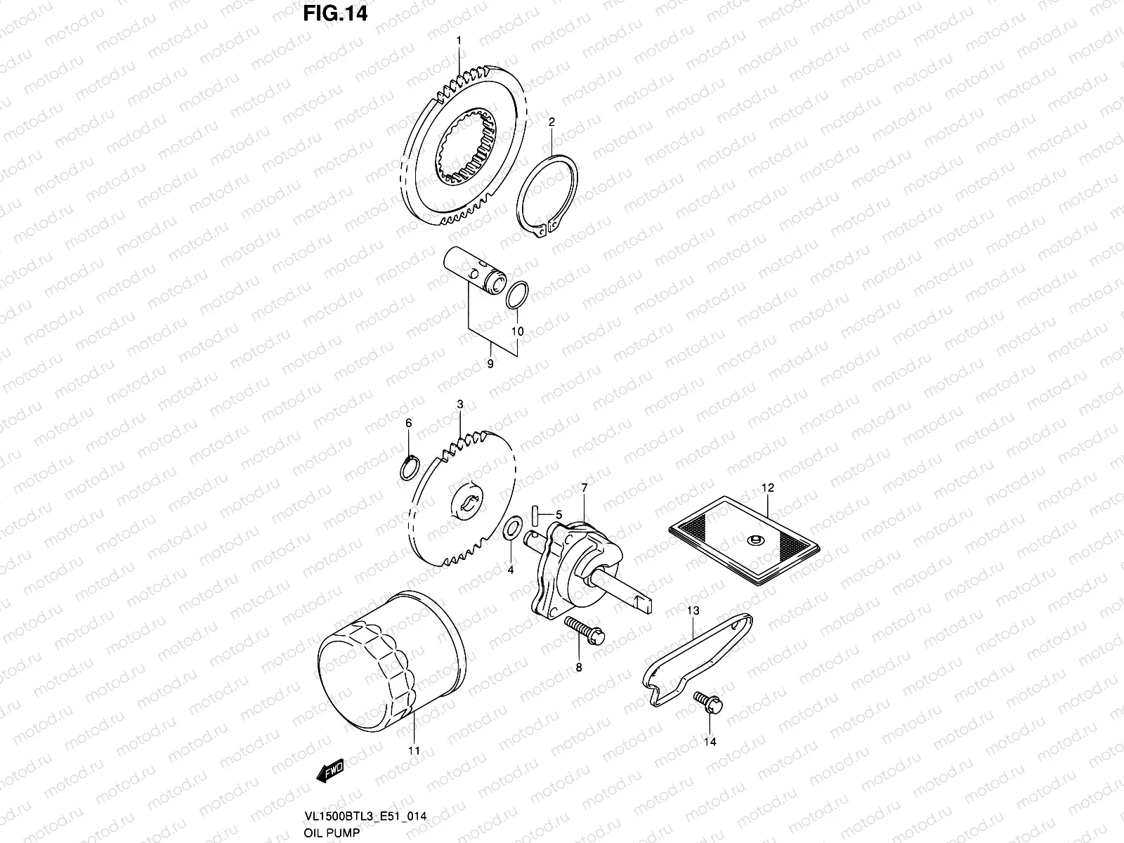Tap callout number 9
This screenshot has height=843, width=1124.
coord(490,364)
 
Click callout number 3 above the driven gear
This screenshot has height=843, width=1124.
coord(459,405)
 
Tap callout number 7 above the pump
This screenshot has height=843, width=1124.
coord(583,488)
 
